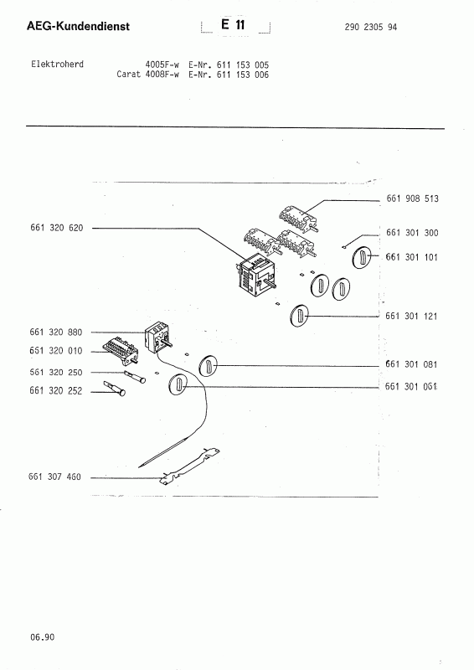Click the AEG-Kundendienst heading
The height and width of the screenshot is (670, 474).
tap(78, 26)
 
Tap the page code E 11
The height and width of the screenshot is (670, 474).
tap(233, 25)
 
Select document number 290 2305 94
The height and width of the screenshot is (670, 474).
tap(370, 27)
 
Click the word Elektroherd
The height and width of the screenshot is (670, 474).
tap(57, 64)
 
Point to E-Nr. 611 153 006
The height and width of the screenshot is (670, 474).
tap(229, 75)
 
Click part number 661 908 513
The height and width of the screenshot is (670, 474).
tap(412, 198)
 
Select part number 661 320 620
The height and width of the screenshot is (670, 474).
tap(56, 228)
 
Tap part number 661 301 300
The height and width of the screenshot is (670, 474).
tap(412, 233)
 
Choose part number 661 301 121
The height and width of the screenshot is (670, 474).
tap(411, 317)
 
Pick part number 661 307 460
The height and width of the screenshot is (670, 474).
tap(54, 477)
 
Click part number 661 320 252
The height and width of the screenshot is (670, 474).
tap(55, 391)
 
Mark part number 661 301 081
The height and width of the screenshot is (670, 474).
tap(411, 364)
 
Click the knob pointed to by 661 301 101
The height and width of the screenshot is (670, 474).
tap(362, 258)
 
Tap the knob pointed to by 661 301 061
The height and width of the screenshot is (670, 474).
tap(178, 384)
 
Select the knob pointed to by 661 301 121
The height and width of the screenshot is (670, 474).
tap(299, 316)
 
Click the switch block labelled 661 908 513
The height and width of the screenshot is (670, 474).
tap(299, 216)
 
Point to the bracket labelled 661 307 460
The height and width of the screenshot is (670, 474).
tap(190, 466)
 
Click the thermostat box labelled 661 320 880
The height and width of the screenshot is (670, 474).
tap(157, 338)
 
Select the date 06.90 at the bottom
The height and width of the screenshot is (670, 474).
tap(43, 637)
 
